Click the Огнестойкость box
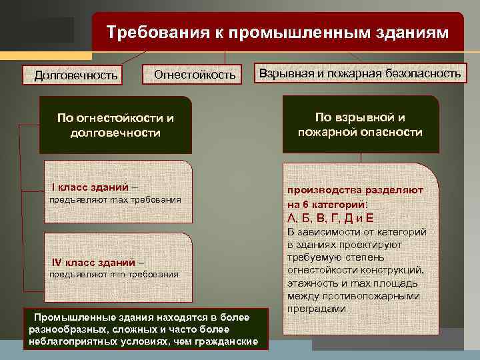(195, 75)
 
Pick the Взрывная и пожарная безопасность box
(359, 73)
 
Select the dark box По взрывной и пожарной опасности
(360, 124)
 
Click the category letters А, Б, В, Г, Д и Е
(330, 218)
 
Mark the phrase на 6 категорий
(327, 204)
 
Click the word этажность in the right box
(311, 283)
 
